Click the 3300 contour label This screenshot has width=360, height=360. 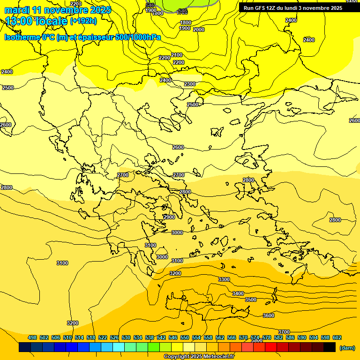click(224, 279)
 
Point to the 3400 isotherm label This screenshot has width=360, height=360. click(238, 293)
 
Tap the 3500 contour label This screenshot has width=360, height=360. click(251, 300)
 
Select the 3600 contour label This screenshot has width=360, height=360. click(269, 315)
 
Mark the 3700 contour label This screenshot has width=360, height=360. click(284, 332)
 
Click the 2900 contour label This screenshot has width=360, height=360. click(169, 217)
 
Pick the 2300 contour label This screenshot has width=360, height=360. click(190, 84)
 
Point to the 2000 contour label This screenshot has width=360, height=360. click(199, 30)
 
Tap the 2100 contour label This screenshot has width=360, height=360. click(177, 55)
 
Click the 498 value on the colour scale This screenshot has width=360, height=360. click(32, 337)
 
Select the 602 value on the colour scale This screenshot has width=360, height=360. click(337, 337)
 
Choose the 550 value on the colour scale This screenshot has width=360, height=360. click(185, 337)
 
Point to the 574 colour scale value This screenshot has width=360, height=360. click(255, 337)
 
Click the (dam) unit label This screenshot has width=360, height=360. click(347, 348)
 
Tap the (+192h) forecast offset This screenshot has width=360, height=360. click(83, 21)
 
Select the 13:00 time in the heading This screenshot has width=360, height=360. click(18, 21)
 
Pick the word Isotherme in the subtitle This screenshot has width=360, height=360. click(21, 37)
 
